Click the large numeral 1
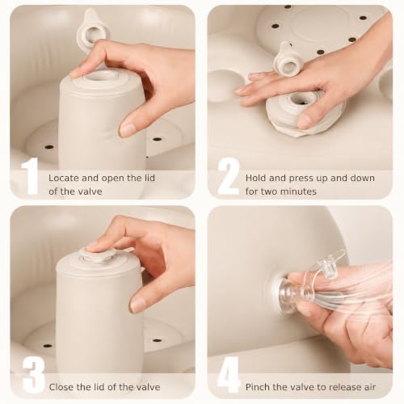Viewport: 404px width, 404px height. tap(31, 176)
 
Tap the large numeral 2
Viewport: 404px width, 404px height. tap(229, 176)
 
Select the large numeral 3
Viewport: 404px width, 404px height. tap(33, 375)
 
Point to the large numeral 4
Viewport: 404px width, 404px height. tap(229, 375)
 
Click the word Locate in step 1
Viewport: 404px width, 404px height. tap(64, 178)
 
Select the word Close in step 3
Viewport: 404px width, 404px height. tap(61, 387)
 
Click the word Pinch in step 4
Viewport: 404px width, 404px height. tap(257, 387)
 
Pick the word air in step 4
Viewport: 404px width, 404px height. tap(369, 387)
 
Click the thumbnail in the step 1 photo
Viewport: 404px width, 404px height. tap(128, 129)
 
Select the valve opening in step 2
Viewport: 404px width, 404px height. tap(300, 99)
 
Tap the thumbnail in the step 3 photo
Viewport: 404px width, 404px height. tap(138, 304)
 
